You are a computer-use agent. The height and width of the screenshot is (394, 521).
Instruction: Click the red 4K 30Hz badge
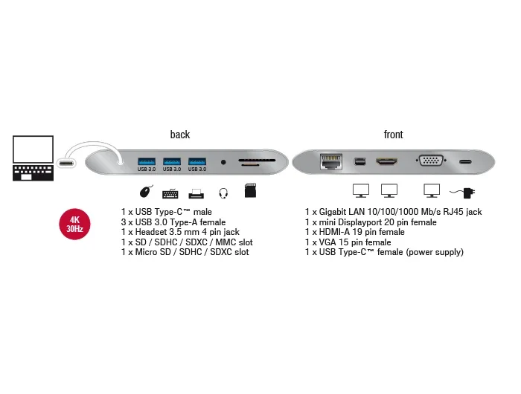pos(74,224)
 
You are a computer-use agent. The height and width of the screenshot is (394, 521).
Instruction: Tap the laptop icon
pos(33,158)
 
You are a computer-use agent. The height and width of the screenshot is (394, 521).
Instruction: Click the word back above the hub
pos(180,135)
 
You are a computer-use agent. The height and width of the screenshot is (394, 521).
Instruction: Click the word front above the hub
pos(394,135)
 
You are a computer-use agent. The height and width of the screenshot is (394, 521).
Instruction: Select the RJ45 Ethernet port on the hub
pos(331,161)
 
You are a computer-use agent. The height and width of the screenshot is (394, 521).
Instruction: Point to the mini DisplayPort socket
pos(359,161)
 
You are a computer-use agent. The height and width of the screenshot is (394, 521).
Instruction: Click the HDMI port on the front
pos(386,161)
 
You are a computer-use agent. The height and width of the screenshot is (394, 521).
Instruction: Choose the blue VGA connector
pos(431,161)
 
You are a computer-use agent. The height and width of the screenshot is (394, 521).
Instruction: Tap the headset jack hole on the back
pos(223,162)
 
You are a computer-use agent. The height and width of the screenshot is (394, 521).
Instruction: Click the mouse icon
pos(146,191)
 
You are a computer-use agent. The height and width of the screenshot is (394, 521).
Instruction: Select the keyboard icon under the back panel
pos(170,193)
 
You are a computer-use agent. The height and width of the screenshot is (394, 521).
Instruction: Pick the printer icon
pos(196,194)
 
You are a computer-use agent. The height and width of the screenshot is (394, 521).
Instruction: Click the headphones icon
pos(223,193)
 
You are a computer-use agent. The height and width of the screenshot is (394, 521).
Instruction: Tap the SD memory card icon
pos(250,190)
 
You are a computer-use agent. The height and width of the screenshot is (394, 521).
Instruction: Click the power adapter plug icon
pos(462,193)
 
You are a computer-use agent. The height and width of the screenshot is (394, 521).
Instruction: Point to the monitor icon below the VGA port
pos(432,191)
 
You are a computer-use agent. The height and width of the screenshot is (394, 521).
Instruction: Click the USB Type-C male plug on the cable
pos(66,163)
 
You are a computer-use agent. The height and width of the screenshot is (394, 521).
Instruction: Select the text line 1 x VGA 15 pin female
pos(348,242)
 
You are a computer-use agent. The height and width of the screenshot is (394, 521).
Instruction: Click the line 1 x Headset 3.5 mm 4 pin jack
pos(180,232)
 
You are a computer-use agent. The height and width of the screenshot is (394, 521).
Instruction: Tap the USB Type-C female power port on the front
pos(465,162)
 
